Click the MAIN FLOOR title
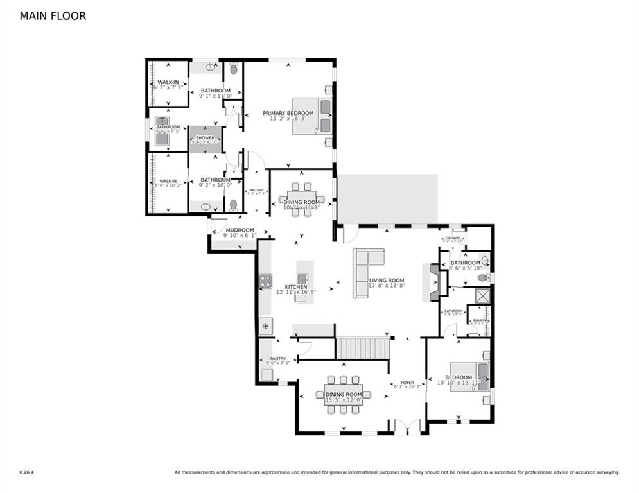pyautogui.click(x=53, y=16)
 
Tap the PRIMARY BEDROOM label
pyautogui.click(x=288, y=113)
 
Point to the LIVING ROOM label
pyautogui.click(x=387, y=281)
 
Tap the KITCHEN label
pyautogui.click(x=296, y=286)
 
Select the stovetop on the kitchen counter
pyautogui.click(x=265, y=281)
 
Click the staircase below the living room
pyautogui.click(x=363, y=349)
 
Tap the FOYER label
pyautogui.click(x=407, y=381)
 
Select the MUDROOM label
pyautogui.click(x=238, y=230)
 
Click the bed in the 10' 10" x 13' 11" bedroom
pyautogui.click(x=470, y=377)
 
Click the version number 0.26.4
pyautogui.click(x=27, y=472)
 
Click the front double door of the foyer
pyautogui.click(x=407, y=426)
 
